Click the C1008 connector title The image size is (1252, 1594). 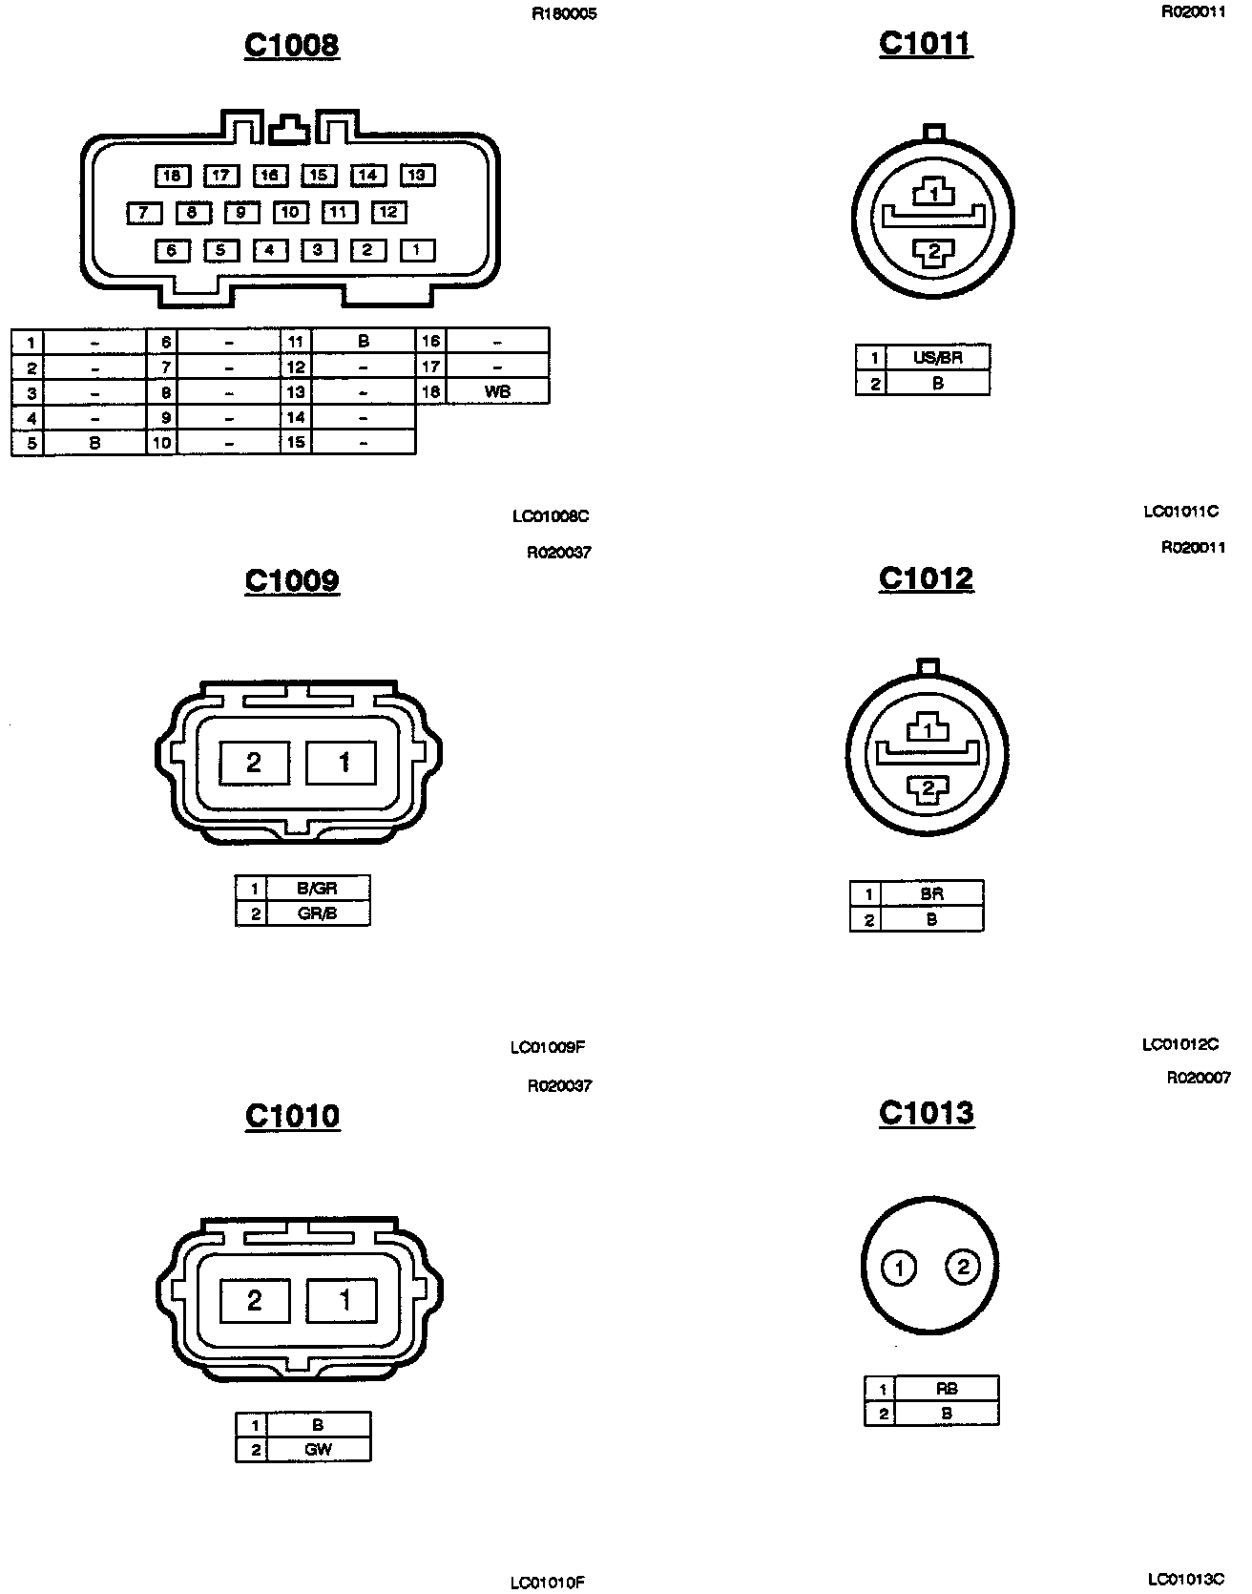292,45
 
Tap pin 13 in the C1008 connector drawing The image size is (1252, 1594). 417,175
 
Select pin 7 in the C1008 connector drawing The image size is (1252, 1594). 144,213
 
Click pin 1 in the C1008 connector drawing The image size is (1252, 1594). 417,250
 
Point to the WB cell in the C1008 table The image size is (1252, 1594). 497,391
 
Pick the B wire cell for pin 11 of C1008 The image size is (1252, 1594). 364,341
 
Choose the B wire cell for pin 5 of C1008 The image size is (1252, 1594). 94,443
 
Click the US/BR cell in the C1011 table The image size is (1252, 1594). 938,359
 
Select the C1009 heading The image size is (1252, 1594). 292,580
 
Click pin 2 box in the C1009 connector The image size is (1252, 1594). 254,763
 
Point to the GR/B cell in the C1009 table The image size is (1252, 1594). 318,913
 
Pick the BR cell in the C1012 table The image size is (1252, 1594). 931,894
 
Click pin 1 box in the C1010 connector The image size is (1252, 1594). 343,1300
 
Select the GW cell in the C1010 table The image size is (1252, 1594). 318,1450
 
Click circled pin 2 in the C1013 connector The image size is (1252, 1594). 962,1268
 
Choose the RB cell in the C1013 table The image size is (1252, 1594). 947,1389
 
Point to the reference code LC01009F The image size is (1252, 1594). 548,1047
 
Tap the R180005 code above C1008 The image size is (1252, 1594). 564,14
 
